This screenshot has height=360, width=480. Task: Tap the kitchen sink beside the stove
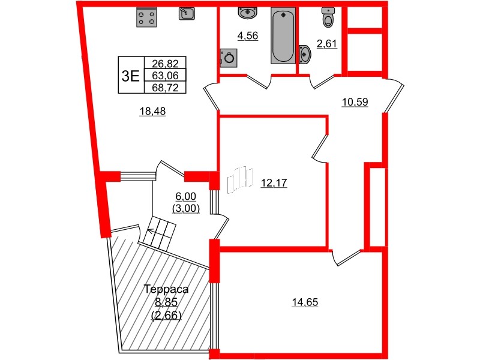click(x=187, y=13)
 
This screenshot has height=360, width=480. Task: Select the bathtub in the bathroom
click(x=283, y=35)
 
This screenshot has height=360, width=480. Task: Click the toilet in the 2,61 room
click(x=328, y=19)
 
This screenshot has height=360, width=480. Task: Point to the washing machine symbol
click(x=229, y=58)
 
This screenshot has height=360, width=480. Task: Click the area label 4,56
click(x=248, y=36)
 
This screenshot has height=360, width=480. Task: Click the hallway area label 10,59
click(x=355, y=101)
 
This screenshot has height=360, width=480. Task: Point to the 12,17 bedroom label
click(x=274, y=184)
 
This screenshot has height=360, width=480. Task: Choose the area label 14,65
click(x=305, y=302)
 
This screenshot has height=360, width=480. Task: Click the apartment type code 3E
click(x=130, y=76)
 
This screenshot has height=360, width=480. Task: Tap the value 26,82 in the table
click(x=165, y=64)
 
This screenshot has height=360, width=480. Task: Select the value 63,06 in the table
click(x=165, y=76)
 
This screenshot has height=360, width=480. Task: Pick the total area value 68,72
click(x=165, y=88)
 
